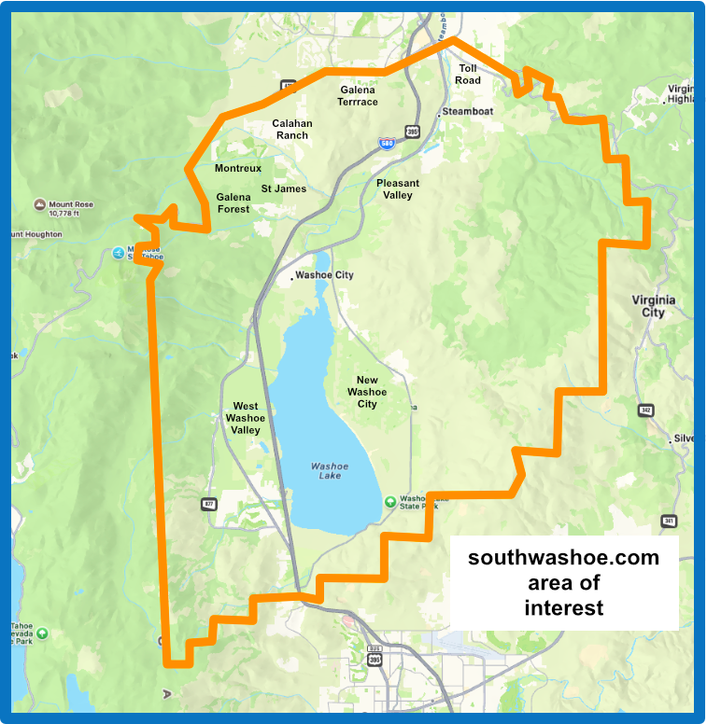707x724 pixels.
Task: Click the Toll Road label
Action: click(x=468, y=75)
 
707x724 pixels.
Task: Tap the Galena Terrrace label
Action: click(x=359, y=96)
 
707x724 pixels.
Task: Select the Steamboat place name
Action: click(x=467, y=111)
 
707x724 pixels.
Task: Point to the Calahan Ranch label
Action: click(x=292, y=130)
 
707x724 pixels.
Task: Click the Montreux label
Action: click(x=238, y=169)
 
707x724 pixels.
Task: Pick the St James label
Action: click(x=284, y=189)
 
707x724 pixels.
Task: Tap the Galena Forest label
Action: click(x=233, y=203)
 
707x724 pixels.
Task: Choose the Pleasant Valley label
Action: click(x=398, y=189)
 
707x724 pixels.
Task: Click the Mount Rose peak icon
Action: click(x=39, y=203)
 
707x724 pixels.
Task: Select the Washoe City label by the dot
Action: click(x=323, y=275)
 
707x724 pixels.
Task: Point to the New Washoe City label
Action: click(x=367, y=392)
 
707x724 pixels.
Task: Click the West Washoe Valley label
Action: click(x=246, y=418)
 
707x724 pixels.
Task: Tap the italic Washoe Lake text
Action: click(x=330, y=470)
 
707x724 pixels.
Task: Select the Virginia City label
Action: click(x=654, y=306)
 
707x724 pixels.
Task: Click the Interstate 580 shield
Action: click(x=386, y=145)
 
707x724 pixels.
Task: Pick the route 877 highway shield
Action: click(x=208, y=505)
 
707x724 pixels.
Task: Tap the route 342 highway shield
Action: click(x=645, y=410)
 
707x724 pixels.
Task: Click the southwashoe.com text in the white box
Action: click(x=563, y=558)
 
